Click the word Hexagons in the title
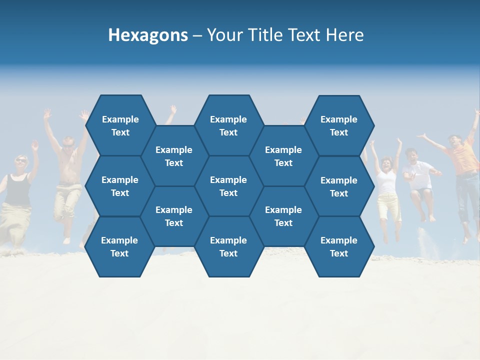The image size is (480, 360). click(148, 35)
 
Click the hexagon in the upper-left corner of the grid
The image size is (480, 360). click(120, 125)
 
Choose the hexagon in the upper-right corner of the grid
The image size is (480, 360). click(339, 125)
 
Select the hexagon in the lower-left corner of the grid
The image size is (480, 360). click(119, 246)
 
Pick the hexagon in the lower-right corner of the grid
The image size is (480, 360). click(339, 246)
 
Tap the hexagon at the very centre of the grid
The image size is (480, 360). click(228, 186)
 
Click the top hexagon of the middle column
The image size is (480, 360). click(228, 125)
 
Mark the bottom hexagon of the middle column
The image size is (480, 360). click(228, 246)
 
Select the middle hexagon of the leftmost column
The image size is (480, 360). click(120, 186)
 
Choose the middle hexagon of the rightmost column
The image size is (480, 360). click(339, 186)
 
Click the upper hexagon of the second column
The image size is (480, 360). click(174, 156)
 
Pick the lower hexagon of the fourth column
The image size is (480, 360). click(283, 216)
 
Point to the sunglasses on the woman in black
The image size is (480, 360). click(20, 160)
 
